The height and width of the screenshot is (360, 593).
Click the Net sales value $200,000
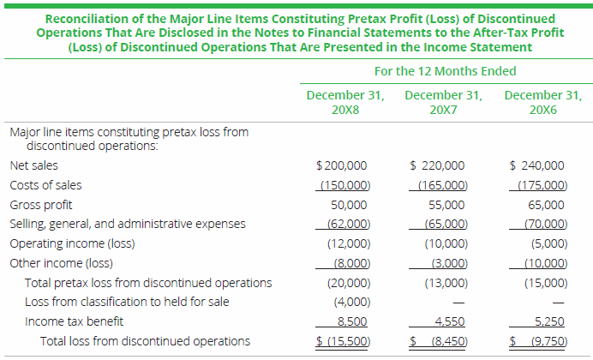343,165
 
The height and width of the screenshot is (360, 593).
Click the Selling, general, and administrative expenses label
127,224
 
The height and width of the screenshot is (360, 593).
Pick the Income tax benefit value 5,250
549,322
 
